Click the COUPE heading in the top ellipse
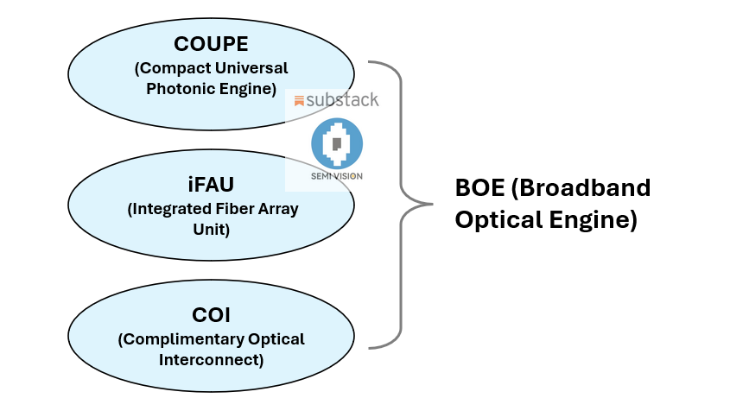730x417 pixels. [x=211, y=44]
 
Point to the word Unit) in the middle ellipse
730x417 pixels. [x=212, y=230]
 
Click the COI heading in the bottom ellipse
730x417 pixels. [x=211, y=315]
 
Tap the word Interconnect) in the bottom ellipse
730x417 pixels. [x=212, y=359]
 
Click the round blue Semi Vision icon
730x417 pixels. [x=337, y=143]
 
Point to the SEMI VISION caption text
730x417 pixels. [x=337, y=176]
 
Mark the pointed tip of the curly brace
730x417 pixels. [x=432, y=204]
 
